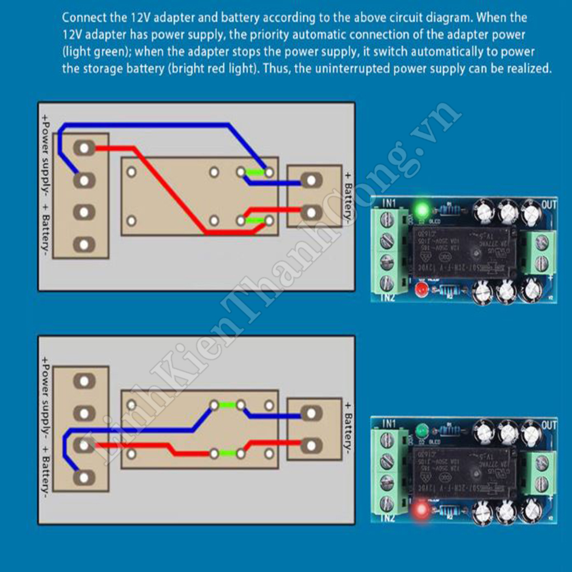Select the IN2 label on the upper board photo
pos(388,297)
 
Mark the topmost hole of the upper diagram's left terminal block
pos(84,148)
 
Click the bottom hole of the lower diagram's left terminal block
pos(84,476)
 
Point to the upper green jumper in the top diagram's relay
pos(255,172)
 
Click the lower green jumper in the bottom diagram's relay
pos(227,454)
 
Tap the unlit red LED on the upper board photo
pos(422,289)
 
